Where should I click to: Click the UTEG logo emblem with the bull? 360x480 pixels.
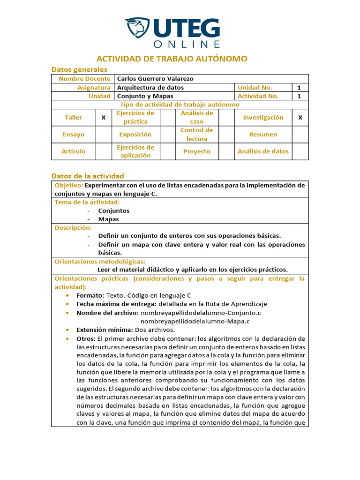point(137,29)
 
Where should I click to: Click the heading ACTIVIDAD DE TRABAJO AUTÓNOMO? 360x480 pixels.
point(172,59)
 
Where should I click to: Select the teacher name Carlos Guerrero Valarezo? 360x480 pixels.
point(155,79)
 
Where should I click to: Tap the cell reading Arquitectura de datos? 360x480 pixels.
point(150,88)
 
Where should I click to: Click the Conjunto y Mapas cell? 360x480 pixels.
point(145,96)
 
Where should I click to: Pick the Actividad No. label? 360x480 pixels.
point(258,96)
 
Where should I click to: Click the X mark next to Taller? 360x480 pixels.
point(104,118)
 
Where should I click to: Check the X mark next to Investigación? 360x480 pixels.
point(300,118)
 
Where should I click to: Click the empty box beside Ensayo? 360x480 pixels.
point(104,135)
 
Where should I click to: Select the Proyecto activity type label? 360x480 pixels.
point(196,151)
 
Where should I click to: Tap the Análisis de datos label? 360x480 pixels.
point(263,151)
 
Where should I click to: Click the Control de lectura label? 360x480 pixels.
point(196,135)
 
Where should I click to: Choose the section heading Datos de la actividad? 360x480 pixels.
point(88,176)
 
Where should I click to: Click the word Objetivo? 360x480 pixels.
point(68,185)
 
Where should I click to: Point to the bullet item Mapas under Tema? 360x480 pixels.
point(108,219)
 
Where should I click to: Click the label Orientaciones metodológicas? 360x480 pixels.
point(100,261)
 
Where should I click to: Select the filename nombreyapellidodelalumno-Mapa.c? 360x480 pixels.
point(195,321)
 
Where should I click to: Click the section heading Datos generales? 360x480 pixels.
point(79,69)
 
